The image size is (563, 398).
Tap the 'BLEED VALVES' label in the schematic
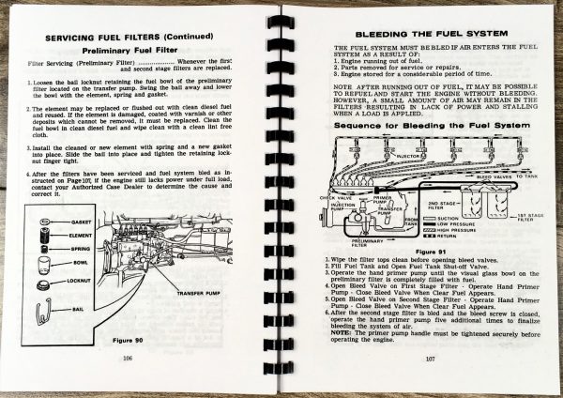(491, 176)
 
